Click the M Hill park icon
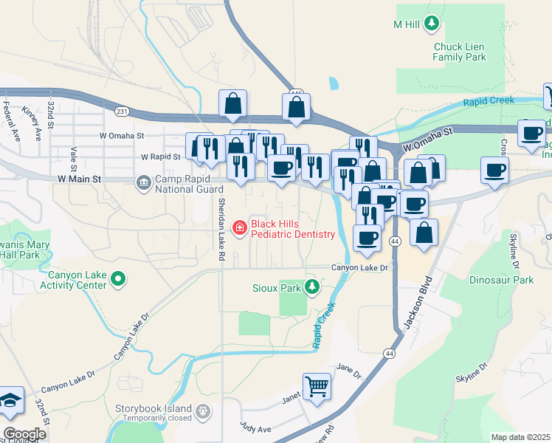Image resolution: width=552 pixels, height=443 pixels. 432,24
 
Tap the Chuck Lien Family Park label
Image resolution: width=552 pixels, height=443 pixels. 459,52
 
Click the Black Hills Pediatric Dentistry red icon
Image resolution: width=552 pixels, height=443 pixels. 239,229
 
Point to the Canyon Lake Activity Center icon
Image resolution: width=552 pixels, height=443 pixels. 120,280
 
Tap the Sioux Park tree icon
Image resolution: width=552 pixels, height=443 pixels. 313,286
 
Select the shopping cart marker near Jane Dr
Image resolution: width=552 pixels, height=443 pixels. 317,385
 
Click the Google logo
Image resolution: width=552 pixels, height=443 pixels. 24,433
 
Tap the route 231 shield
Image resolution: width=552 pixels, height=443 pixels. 122,111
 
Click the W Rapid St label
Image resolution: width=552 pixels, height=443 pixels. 160,157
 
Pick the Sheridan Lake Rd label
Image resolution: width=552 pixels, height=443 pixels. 221,230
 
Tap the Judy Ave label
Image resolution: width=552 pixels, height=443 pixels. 255,427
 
